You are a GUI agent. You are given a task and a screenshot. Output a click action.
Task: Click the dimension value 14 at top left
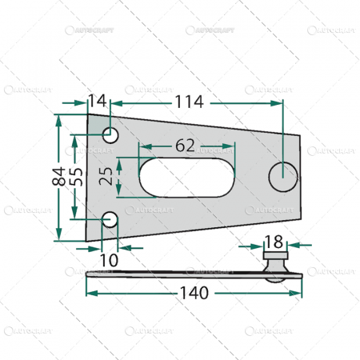[97, 102]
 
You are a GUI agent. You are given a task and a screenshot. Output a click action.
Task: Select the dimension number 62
[186, 146]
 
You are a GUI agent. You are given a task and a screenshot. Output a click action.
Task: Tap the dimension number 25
[106, 177]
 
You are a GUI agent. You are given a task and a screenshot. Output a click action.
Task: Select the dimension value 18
[274, 241]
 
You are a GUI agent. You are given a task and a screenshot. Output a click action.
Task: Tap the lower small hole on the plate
[110, 219]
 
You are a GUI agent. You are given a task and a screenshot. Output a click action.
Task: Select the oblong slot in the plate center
[186, 177]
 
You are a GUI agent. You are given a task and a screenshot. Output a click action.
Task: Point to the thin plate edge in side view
[176, 276]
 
